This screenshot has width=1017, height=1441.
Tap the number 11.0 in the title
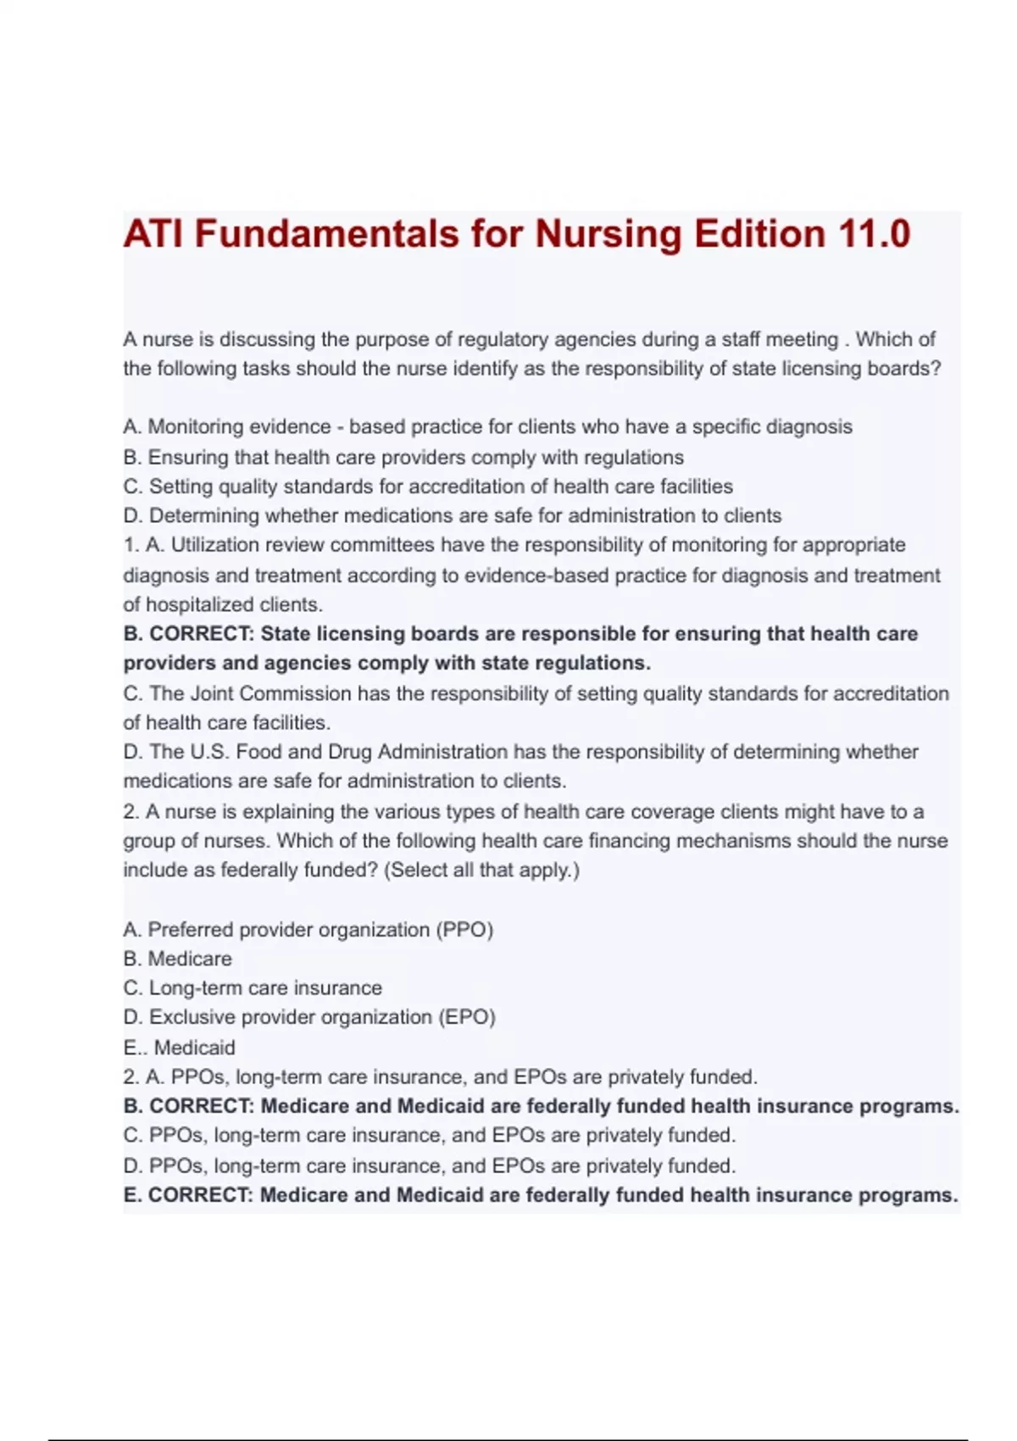(x=874, y=234)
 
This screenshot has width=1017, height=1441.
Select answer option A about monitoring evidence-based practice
(x=487, y=426)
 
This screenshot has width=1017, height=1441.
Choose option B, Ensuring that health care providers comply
(x=403, y=457)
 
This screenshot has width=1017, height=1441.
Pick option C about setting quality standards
(x=428, y=487)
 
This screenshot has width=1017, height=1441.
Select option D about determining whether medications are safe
(x=453, y=515)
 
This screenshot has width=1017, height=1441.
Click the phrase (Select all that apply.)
(x=482, y=871)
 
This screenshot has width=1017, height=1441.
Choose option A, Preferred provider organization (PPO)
(x=308, y=930)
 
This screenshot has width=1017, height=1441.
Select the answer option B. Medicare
(x=177, y=959)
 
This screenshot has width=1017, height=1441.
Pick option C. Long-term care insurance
(x=253, y=988)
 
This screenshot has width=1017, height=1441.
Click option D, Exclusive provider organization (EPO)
(x=309, y=1017)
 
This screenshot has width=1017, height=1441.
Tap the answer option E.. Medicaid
(x=180, y=1048)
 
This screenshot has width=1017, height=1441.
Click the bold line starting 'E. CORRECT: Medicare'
(x=540, y=1195)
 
